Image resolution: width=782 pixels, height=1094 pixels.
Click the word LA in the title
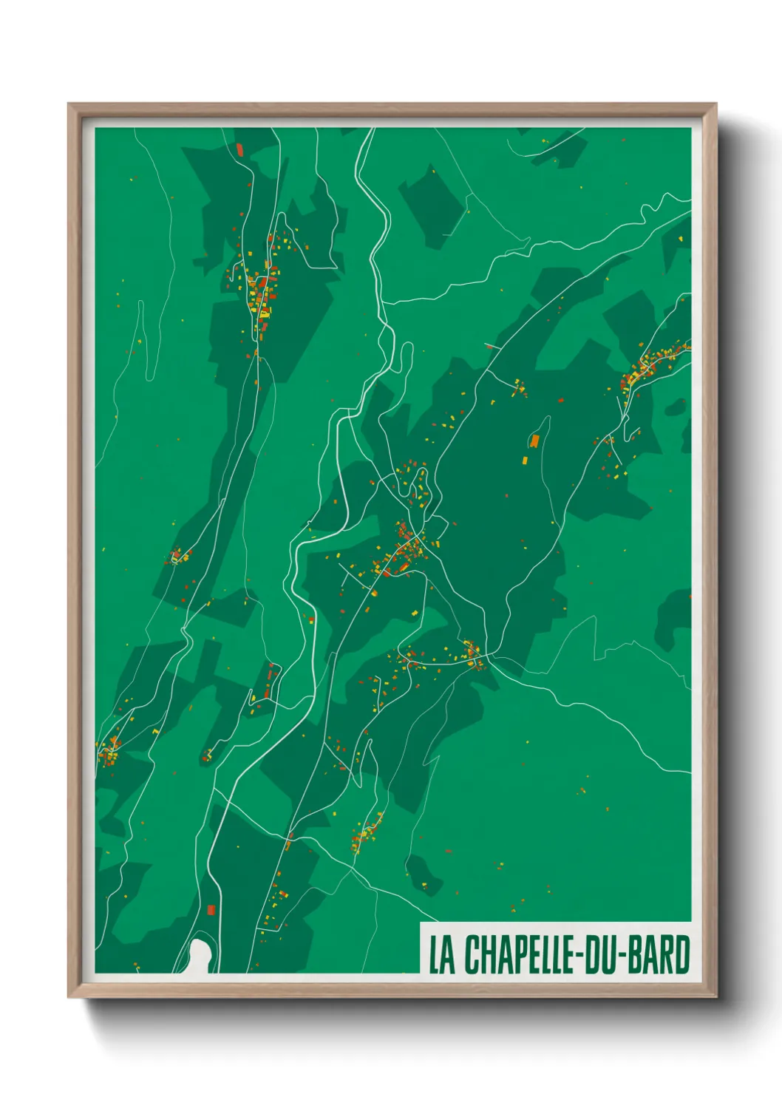442,954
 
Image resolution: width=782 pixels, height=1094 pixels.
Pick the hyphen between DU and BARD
628,956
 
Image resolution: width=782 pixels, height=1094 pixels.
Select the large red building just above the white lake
211,909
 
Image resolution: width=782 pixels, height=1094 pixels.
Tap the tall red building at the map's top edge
239,149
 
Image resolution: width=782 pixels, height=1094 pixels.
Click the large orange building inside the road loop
534,441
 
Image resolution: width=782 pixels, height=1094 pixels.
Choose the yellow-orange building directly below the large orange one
525,460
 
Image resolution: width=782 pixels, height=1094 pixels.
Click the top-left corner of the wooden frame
69,105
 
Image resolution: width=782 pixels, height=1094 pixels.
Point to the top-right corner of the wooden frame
715,105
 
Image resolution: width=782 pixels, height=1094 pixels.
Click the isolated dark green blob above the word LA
424,872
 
